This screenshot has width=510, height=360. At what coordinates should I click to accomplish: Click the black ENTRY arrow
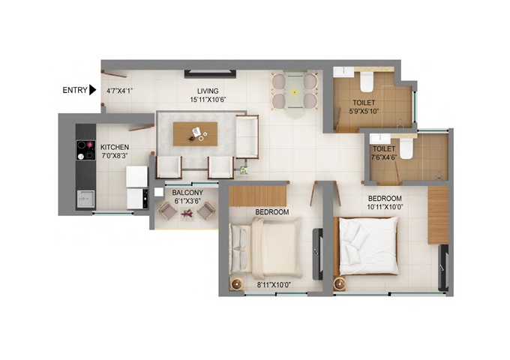tap(93, 90)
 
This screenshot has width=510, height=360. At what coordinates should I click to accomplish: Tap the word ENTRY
tap(75, 90)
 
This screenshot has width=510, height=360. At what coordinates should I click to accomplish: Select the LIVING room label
tap(208, 91)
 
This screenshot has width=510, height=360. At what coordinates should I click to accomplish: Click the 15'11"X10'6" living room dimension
tap(208, 100)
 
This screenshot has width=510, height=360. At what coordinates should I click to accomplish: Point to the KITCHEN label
tap(115, 147)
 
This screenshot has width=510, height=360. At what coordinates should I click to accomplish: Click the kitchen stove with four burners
tap(85, 150)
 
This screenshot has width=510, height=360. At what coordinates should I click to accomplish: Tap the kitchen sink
tap(85, 199)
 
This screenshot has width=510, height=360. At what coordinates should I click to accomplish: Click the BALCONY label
tap(187, 193)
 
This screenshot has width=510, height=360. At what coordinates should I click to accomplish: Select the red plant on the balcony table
tap(187, 214)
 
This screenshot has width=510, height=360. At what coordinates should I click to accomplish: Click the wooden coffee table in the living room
tap(195, 134)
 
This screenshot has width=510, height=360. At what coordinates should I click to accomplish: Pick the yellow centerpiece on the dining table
tap(295, 92)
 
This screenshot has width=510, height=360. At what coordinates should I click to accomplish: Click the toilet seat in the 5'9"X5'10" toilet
tap(367, 82)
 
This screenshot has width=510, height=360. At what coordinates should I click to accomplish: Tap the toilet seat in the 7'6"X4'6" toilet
tap(406, 148)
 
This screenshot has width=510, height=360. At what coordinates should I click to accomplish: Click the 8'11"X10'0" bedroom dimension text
tap(274, 285)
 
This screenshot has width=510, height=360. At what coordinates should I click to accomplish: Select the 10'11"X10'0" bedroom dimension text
tap(385, 207)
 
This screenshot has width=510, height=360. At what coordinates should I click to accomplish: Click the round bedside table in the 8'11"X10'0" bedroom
tap(236, 283)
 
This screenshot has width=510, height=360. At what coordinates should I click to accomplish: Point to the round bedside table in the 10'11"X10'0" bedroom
tap(340, 283)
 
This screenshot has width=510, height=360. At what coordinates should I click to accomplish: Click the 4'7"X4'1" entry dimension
tap(120, 91)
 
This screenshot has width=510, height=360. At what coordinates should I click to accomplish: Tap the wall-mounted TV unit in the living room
tap(210, 73)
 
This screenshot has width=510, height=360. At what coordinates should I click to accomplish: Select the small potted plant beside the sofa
tap(244, 170)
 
